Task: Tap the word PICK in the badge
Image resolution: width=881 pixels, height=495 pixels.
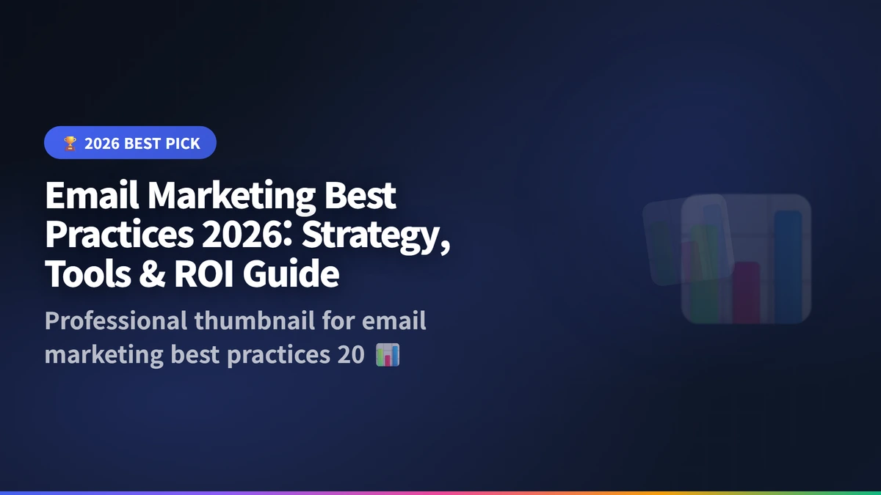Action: (x=182, y=144)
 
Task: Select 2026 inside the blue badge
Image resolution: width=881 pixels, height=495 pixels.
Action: (x=101, y=144)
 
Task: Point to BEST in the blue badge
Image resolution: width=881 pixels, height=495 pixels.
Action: (x=142, y=144)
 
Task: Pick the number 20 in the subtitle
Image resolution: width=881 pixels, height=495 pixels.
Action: (x=349, y=355)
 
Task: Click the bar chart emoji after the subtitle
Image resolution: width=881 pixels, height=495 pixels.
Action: (x=387, y=355)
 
